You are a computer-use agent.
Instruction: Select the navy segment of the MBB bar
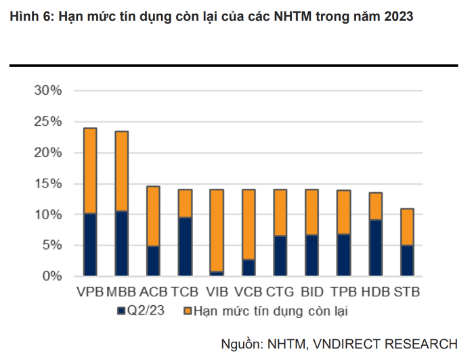point(122,244)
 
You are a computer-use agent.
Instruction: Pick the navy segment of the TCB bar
point(186,247)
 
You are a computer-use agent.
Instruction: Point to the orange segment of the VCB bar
point(249,224)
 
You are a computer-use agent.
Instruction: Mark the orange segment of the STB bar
point(408,227)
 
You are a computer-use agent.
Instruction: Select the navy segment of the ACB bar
point(154,261)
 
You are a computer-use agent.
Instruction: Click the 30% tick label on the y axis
point(48,91)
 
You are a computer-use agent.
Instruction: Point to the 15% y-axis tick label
point(48,184)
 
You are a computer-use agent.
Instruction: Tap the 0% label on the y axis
point(52,277)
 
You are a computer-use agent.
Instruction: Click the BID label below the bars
point(312,292)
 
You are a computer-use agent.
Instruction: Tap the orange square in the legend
point(187,311)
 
